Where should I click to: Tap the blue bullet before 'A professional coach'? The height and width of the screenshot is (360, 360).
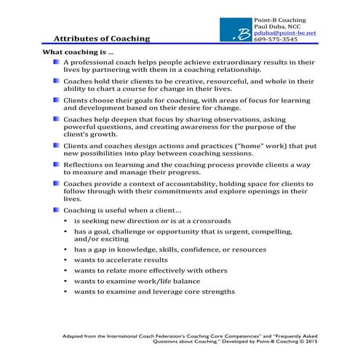(57, 63)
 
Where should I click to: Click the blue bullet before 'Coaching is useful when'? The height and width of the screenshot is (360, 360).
(57, 209)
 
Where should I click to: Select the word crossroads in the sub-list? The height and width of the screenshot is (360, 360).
(210, 220)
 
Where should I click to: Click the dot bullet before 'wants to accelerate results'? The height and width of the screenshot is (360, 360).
(65, 260)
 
